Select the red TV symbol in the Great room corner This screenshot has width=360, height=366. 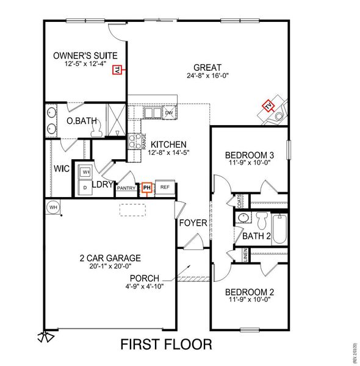(269, 107)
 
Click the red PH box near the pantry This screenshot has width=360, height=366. (146, 188)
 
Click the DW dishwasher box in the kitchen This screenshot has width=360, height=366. (169, 113)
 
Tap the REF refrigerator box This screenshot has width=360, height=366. (164, 188)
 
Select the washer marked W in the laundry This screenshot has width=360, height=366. (85, 172)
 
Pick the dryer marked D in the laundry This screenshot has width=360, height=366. (85, 188)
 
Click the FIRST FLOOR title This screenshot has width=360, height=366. (166, 345)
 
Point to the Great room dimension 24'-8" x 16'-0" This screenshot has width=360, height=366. (207, 76)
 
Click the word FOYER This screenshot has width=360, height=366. (193, 223)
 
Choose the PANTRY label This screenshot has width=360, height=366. (126, 188)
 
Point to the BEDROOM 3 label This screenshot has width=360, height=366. (248, 154)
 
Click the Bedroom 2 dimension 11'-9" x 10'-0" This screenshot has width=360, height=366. (248, 300)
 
